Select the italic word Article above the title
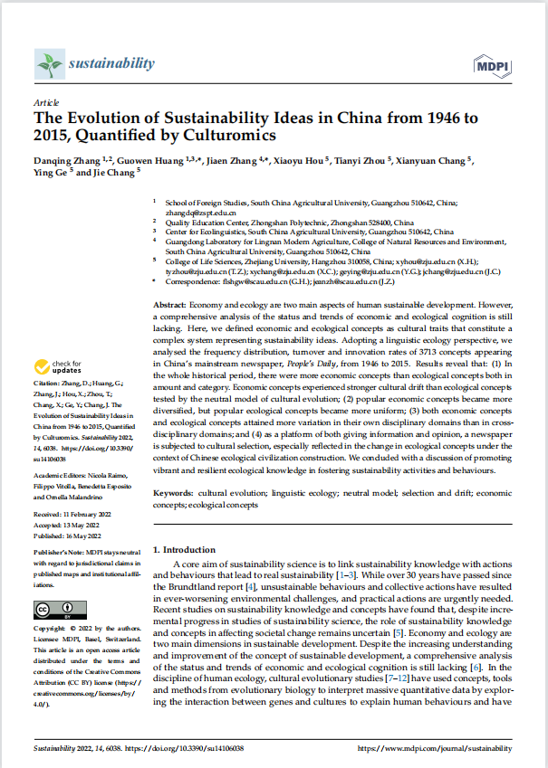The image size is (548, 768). coord(46,104)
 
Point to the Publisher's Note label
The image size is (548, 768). coord(60,551)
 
